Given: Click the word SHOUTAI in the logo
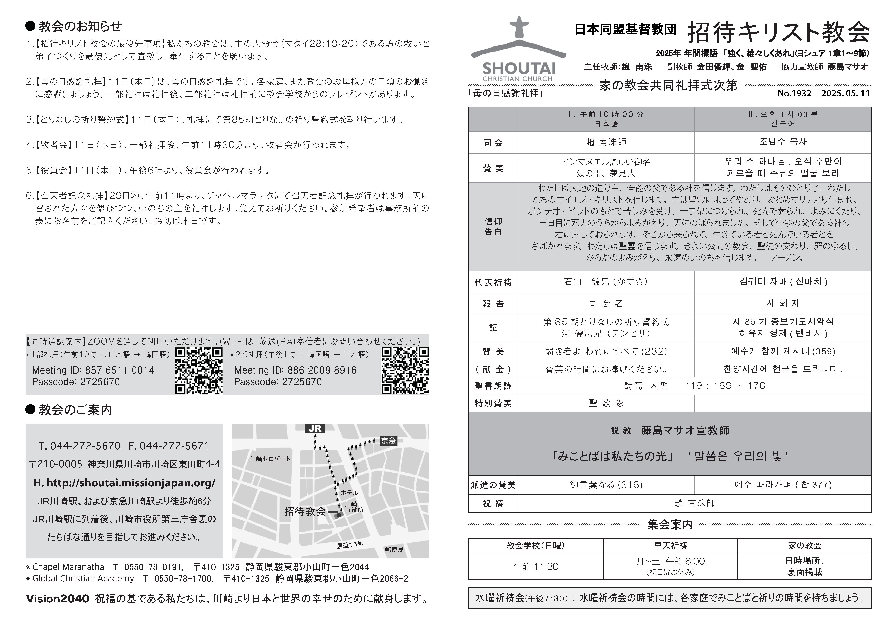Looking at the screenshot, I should tap(519, 68).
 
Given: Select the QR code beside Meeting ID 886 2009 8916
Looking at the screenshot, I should tap(405, 371).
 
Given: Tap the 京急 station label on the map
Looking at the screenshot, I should tap(388, 440).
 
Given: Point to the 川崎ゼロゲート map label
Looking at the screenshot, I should tap(270, 459).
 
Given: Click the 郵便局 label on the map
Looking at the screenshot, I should tap(394, 549).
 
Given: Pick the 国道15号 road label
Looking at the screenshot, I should tap(350, 545).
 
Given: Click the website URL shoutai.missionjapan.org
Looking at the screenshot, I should tap(124, 483).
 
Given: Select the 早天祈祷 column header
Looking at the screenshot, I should tap(670, 546).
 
